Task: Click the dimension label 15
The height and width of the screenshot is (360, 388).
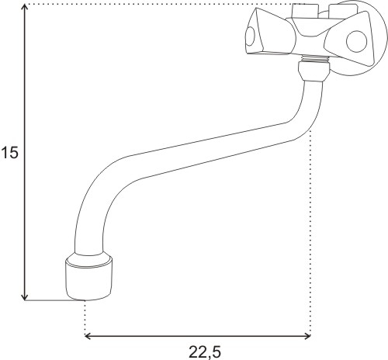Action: tap(10, 152)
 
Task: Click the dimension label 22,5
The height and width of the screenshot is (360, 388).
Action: tap(205, 351)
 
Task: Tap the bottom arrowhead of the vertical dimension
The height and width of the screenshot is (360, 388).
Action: tap(25, 297)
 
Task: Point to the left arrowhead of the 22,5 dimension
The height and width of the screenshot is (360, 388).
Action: tap(88, 336)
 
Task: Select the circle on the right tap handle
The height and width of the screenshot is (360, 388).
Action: tap(356, 41)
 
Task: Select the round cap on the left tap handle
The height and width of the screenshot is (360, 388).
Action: tap(250, 36)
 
